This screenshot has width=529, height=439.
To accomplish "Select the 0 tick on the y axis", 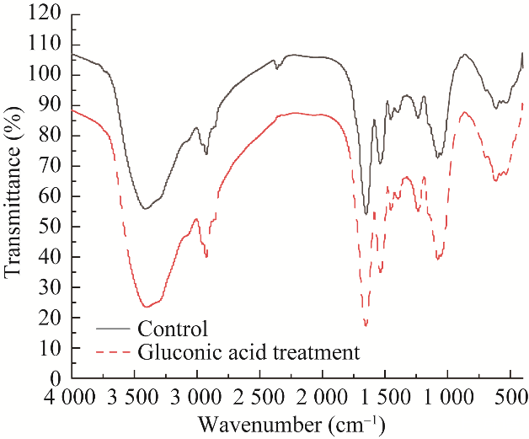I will (56, 378).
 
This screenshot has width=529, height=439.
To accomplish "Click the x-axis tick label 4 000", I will (72, 397).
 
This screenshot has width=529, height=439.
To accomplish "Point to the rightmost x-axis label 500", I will (510, 397).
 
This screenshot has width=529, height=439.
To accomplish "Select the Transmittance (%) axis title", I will (13, 195).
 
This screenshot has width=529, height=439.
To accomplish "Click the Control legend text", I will (172, 328).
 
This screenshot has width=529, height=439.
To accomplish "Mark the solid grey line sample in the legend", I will (115, 329).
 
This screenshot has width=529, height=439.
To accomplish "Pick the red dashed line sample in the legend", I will (115, 351).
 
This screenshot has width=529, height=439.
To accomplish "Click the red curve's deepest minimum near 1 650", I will (366, 325).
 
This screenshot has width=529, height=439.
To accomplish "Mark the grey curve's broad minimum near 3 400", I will (145, 208).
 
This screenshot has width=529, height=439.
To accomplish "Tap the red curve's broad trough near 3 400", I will (146, 306).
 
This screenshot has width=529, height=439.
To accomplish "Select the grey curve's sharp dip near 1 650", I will (366, 212).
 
